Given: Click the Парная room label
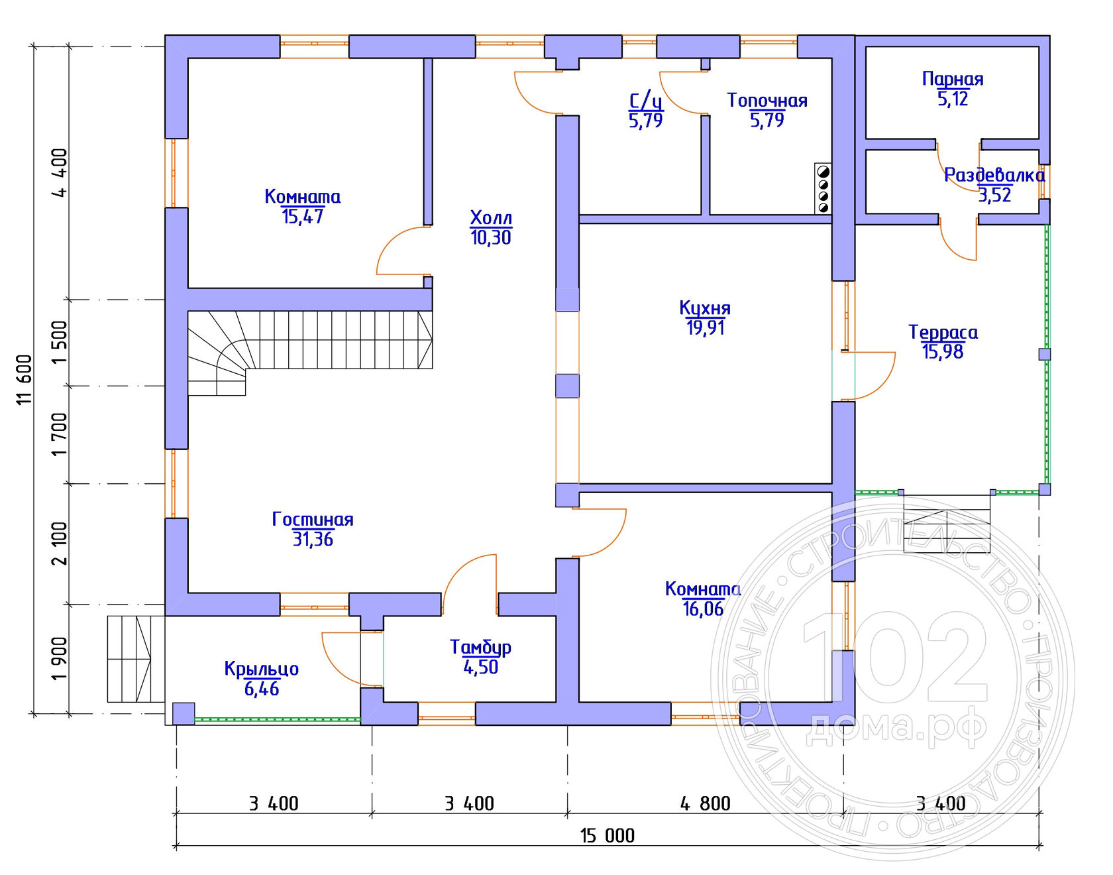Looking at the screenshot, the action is point(953,79).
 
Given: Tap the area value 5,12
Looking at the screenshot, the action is point(953,99).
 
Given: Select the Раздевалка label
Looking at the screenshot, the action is point(994,175).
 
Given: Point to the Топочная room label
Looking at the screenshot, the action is point(767,100).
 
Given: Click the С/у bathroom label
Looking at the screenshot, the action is point(646,100).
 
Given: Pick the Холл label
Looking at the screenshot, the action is point(491,217).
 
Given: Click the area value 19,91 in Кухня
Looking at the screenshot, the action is point(705,327).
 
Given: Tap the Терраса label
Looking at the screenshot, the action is point(943,332).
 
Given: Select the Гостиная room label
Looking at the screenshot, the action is point(313,519).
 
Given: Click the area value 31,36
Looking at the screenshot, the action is point(313,539).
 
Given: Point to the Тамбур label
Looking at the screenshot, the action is point(480,647).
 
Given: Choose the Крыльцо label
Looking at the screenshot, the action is point(261,669).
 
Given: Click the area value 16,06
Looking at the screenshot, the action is point(703,609).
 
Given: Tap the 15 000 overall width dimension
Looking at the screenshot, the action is point(608,835).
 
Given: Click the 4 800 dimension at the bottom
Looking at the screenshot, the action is point(705,803).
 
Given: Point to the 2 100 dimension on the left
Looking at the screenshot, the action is point(60,543).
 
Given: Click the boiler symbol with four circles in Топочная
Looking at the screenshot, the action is point(823,189).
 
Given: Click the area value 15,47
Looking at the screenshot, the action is point(303,216).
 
